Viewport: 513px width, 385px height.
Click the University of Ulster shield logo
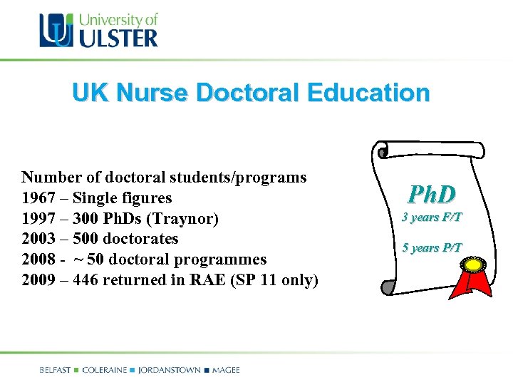click(56, 31)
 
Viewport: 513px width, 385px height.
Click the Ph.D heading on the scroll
click(432, 193)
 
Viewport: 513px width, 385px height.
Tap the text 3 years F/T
click(432, 217)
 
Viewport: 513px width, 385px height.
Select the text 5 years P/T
click(432, 248)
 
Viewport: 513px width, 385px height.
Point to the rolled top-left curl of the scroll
click(383, 151)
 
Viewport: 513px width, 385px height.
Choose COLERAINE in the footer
click(105, 370)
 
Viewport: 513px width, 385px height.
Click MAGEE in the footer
click(225, 370)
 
